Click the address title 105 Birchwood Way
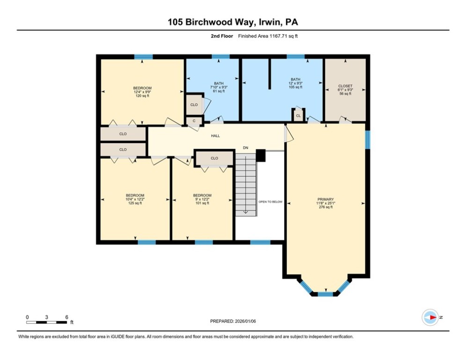233,22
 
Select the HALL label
215,136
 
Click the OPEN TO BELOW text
271,202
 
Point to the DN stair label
245,148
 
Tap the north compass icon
430,317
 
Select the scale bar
46,322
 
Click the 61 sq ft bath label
218,87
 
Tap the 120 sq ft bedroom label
142,92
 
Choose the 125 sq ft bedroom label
135,199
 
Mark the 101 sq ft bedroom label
202,199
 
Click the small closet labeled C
194,121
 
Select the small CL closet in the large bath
298,115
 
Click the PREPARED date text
233,321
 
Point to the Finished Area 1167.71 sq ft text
267,36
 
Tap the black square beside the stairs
261,155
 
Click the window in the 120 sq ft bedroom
143,57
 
